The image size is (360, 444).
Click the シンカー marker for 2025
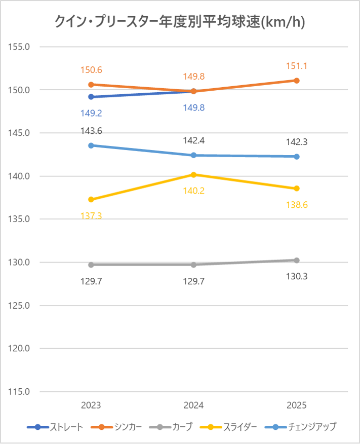(297, 81)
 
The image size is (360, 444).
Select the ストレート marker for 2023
(91, 97)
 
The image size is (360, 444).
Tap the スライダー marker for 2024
(194, 174)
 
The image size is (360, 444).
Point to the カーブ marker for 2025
(297, 260)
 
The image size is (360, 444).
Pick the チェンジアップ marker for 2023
(91, 145)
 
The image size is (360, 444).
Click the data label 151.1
(297, 66)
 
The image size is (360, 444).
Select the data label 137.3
(91, 215)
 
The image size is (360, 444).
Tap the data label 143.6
(91, 131)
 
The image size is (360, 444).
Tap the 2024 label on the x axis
(194, 405)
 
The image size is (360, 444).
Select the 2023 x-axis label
(91, 405)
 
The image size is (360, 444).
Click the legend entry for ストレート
(55, 427)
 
